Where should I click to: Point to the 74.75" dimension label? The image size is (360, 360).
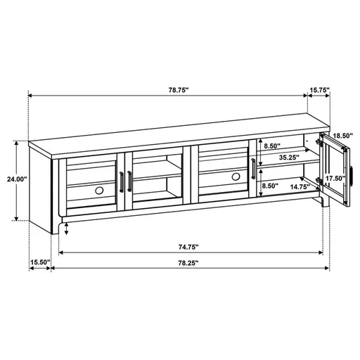[x=187, y=247]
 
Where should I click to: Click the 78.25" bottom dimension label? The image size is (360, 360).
[x=187, y=263]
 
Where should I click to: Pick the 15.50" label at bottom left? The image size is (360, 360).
[x=39, y=263]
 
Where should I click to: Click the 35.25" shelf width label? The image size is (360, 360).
[x=288, y=157]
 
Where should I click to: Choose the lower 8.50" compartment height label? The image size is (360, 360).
[x=271, y=187]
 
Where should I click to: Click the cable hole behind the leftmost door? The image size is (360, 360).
[x=97, y=191]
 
